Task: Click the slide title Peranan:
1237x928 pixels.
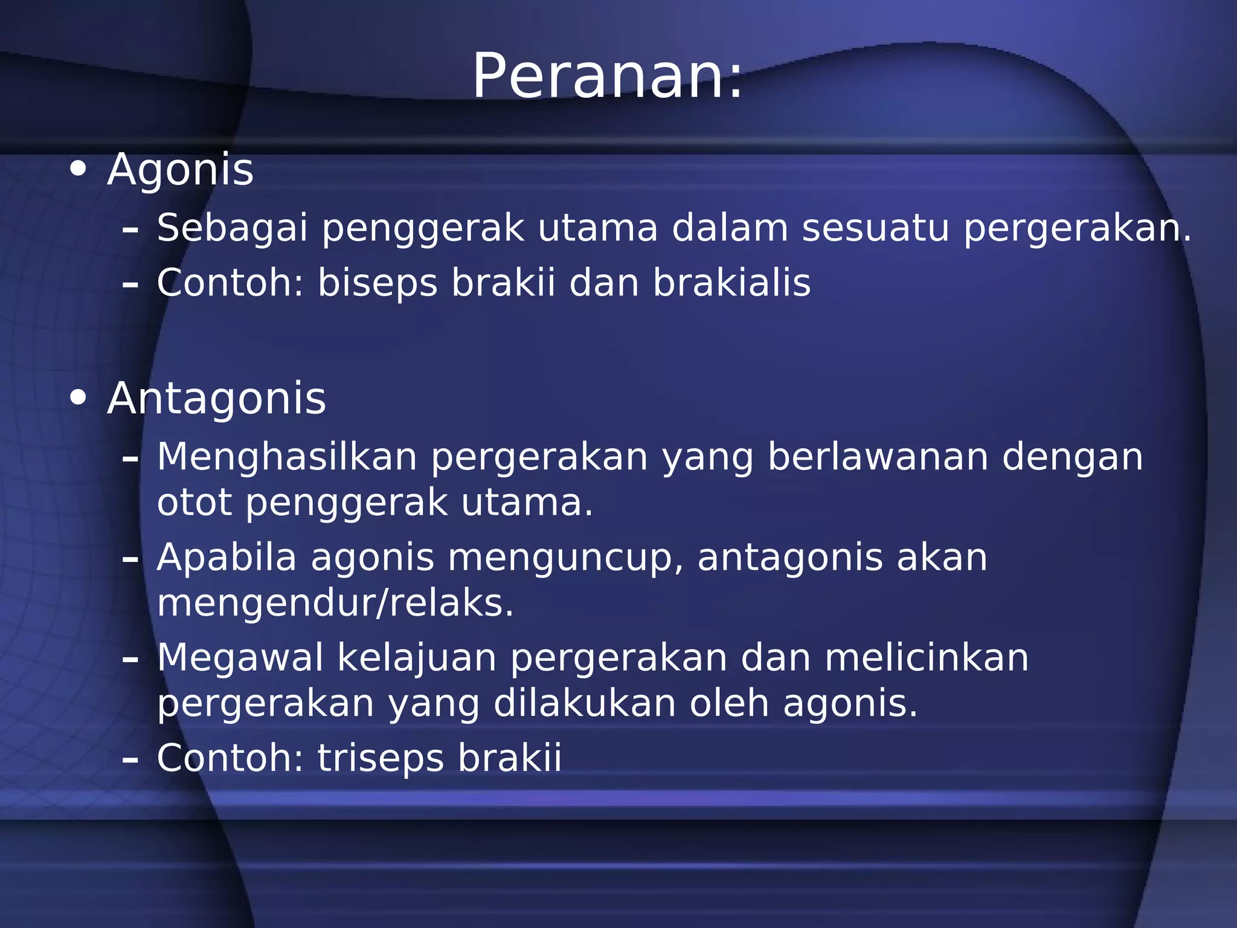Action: tap(606, 77)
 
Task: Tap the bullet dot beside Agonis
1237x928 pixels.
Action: tap(78, 170)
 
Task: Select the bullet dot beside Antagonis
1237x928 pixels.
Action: tap(78, 398)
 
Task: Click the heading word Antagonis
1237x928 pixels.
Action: tap(216, 399)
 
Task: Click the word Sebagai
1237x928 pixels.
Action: tap(232, 228)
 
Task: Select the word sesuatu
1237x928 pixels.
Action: tap(875, 228)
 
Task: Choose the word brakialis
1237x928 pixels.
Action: tap(731, 283)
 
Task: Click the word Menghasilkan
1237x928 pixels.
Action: tap(287, 457)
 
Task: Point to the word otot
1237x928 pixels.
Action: tap(194, 503)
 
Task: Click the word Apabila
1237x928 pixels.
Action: tap(227, 558)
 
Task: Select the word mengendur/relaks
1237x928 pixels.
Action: tap(335, 604)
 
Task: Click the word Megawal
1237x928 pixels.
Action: tap(240, 659)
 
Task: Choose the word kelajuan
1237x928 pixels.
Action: tap(417, 659)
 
